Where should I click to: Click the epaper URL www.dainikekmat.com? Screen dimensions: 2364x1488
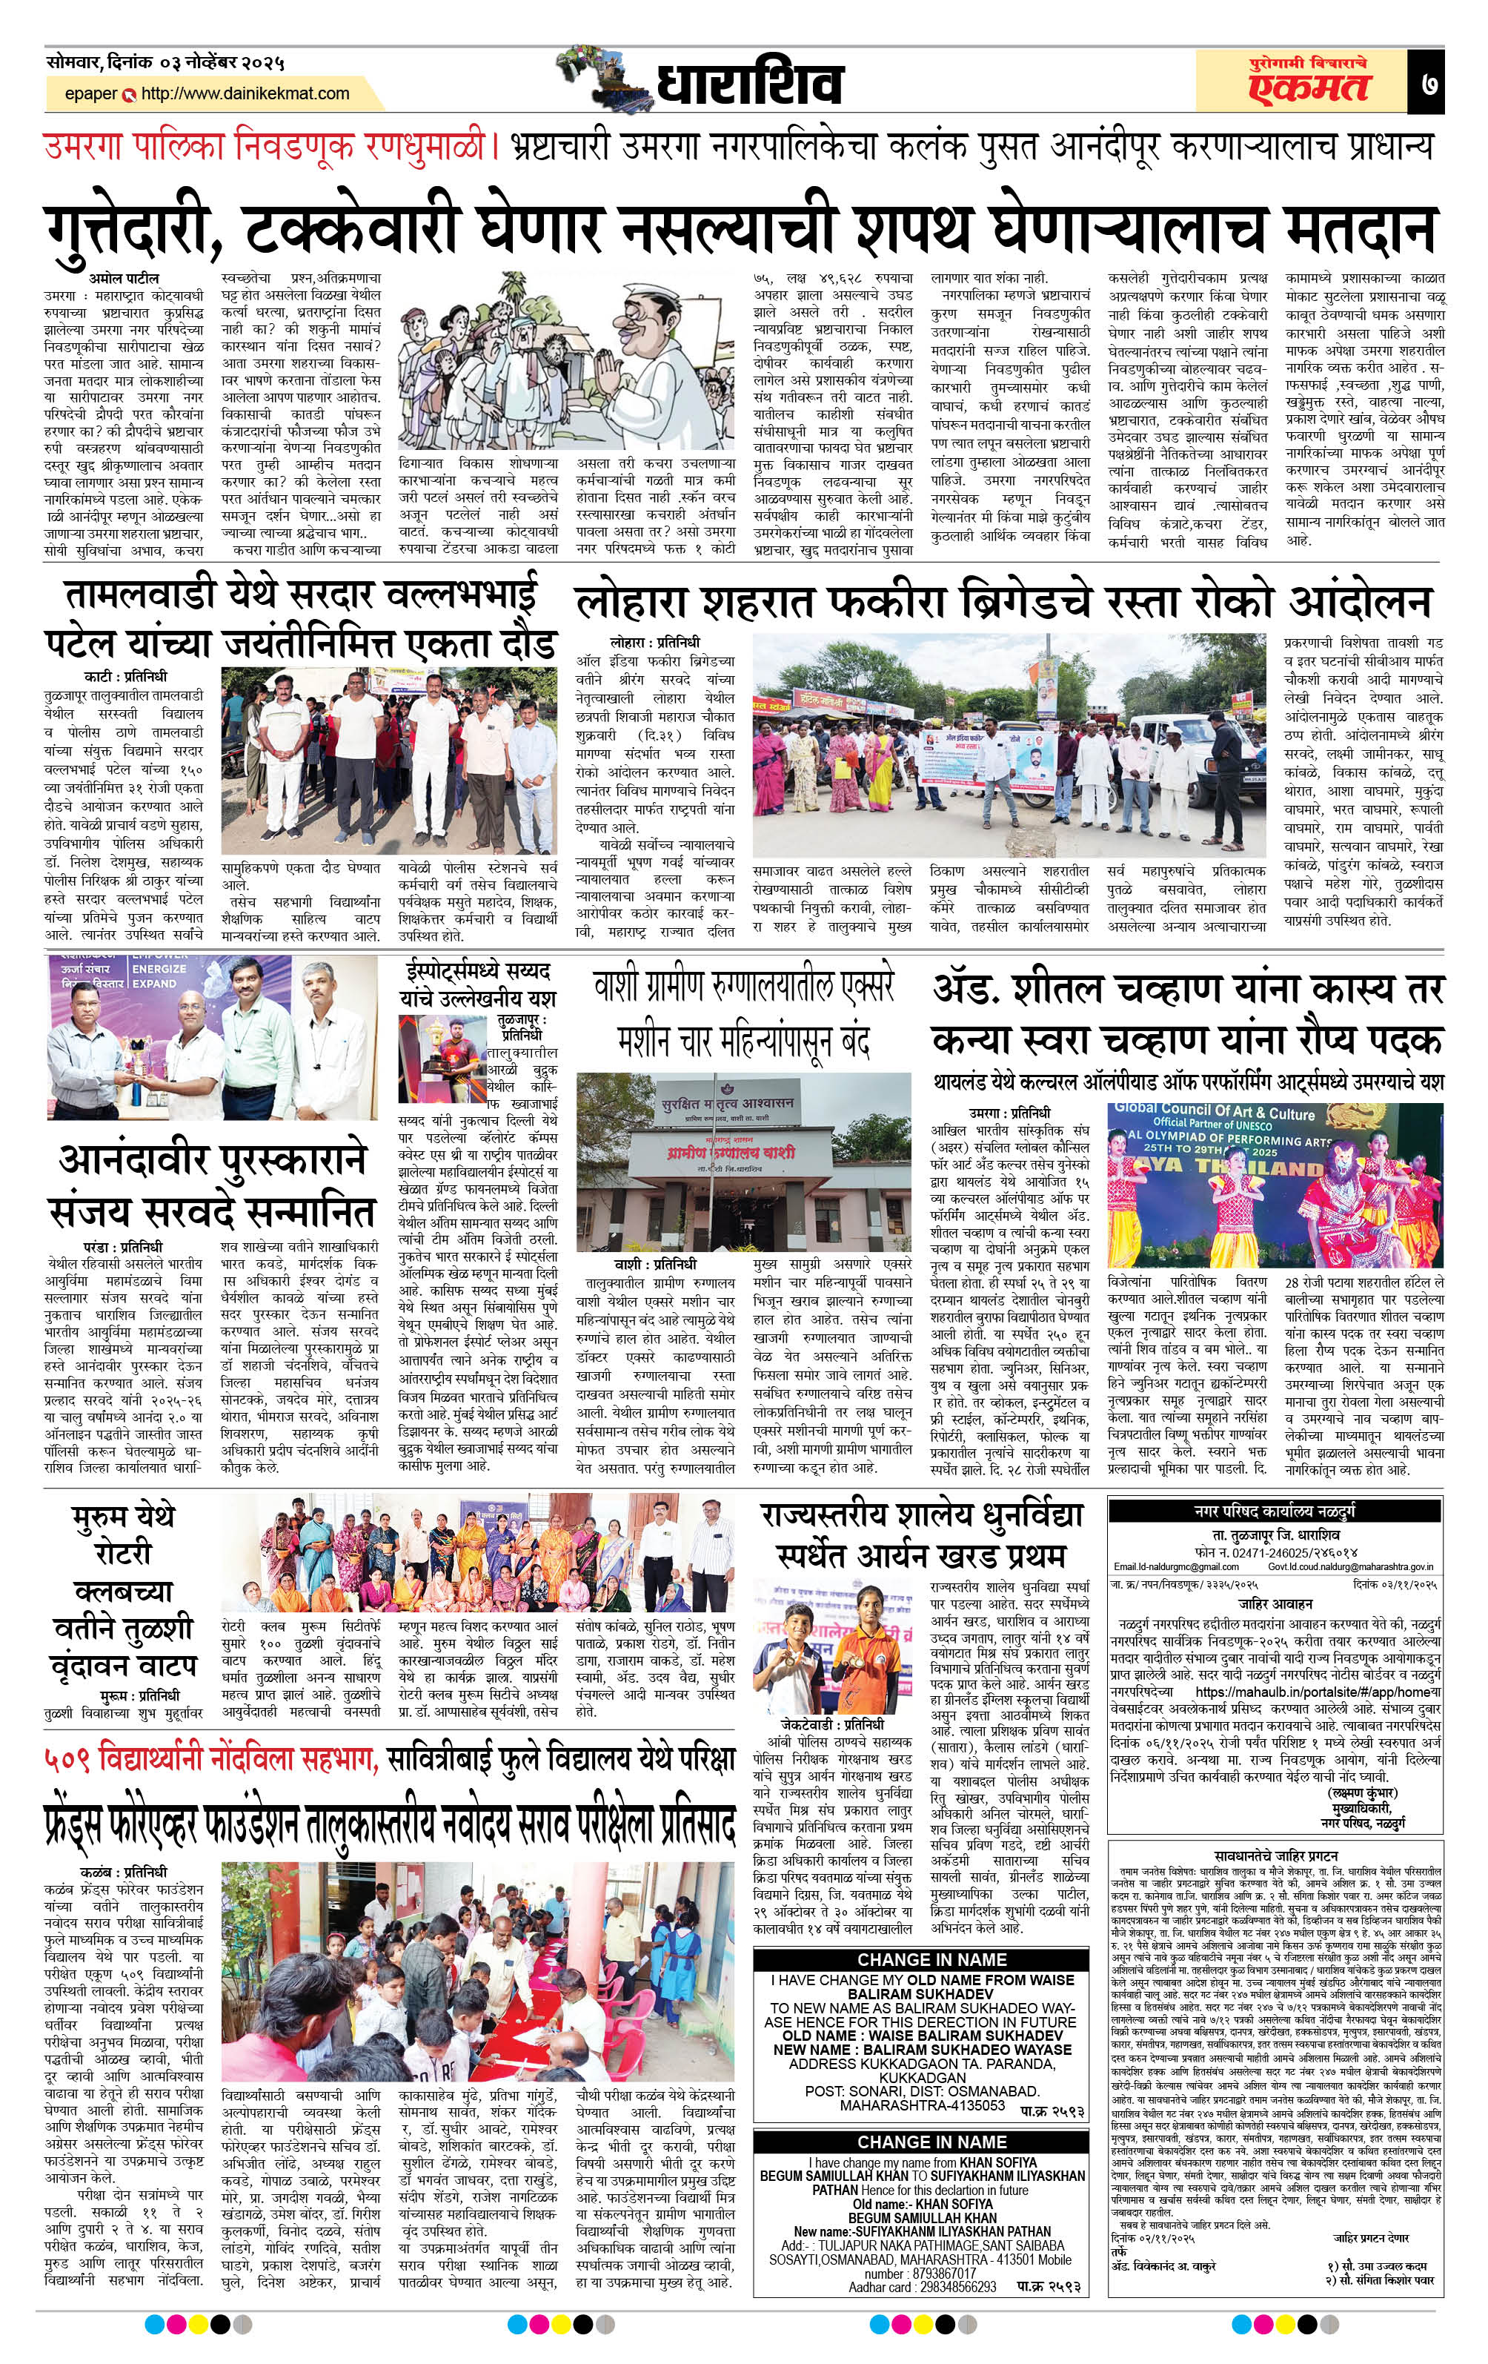coord(245,94)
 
